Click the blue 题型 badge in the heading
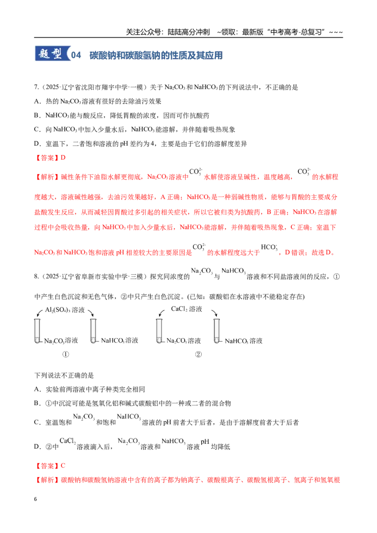tap(52, 54)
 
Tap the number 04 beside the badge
tap(76, 56)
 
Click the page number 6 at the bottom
tap(35, 499)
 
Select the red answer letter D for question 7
tap(63, 158)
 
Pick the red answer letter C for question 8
tap(63, 466)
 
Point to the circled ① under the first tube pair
tap(66, 354)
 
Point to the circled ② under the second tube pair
tap(198, 354)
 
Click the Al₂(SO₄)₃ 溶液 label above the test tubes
tap(65, 310)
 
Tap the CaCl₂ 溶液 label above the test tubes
tap(187, 309)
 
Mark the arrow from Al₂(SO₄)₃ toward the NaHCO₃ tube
tap(90, 313)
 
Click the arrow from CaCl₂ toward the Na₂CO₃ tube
tap(162, 313)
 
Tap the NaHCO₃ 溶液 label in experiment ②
tap(244, 341)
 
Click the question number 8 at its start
tap(36, 276)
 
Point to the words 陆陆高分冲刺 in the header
tap(189, 32)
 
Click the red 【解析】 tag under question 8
tap(47, 480)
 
